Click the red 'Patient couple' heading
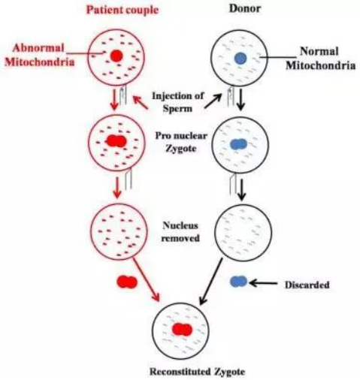pyautogui.click(x=123, y=10)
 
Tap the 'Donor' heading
pyautogui.click(x=245, y=8)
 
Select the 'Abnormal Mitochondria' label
pyautogui.click(x=40, y=55)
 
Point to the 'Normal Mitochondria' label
pyautogui.click(x=320, y=59)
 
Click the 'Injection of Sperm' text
pyautogui.click(x=178, y=102)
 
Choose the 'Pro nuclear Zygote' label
pyautogui.click(x=181, y=142)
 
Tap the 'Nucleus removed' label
pyautogui.click(x=180, y=231)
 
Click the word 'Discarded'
pyautogui.click(x=307, y=285)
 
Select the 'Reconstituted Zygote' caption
pyautogui.click(x=197, y=372)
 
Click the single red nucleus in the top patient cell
pyautogui.click(x=116, y=56)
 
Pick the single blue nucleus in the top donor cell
pyautogui.click(x=241, y=58)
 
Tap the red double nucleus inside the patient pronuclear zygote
pyautogui.click(x=116, y=141)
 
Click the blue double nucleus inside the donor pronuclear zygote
pyautogui.click(x=239, y=144)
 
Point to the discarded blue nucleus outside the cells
pyautogui.click(x=238, y=282)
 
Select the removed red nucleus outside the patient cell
pyautogui.click(x=127, y=282)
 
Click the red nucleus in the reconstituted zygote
pyautogui.click(x=182, y=329)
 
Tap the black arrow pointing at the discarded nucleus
pyautogui.click(x=263, y=283)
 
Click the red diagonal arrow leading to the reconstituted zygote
pyautogui.click(x=146, y=279)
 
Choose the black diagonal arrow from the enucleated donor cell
pyautogui.click(x=211, y=282)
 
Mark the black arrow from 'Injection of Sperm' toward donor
pyautogui.click(x=213, y=101)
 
